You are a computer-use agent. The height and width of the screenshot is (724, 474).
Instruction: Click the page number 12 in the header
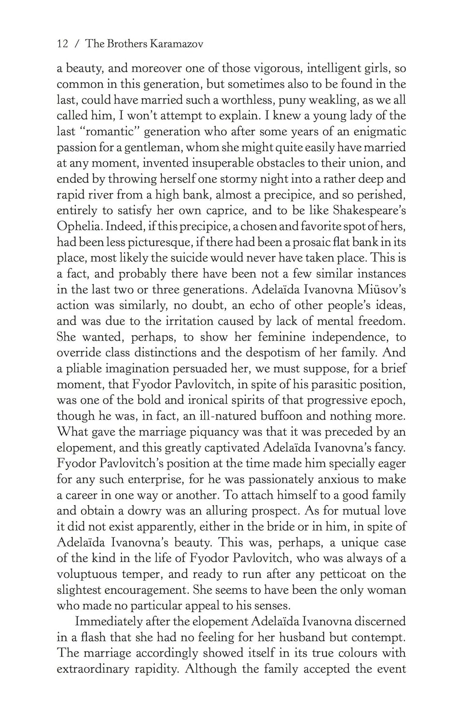pyautogui.click(x=62, y=44)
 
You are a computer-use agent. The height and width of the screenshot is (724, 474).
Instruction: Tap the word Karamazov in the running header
pyautogui.click(x=177, y=44)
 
